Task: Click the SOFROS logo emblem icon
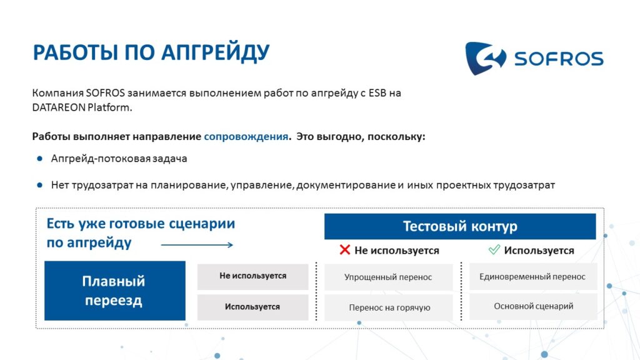click(485, 58)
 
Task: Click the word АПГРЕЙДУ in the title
click(215, 53)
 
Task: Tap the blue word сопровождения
click(246, 136)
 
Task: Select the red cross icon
click(344, 249)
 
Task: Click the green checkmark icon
click(494, 249)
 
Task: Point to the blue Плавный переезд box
click(115, 291)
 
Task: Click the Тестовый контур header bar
click(460, 226)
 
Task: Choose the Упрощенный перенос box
click(388, 277)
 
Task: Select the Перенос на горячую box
click(388, 307)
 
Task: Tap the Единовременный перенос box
click(532, 277)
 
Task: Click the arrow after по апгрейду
click(197, 245)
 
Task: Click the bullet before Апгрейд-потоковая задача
click(39, 158)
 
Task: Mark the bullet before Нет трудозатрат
click(39, 185)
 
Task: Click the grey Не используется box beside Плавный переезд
click(252, 276)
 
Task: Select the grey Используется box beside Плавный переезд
click(252, 307)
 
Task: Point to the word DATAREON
click(59, 107)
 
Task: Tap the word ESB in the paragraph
click(377, 93)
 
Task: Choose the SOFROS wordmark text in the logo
click(559, 59)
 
